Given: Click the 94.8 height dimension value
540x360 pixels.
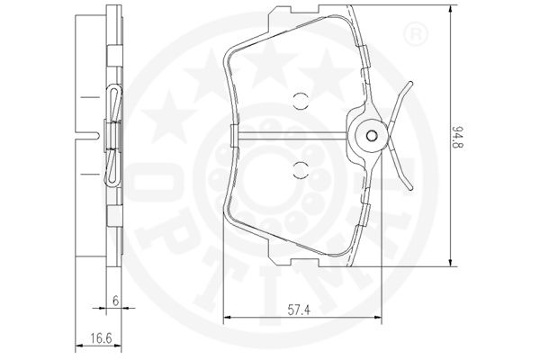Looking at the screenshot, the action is click(458, 137).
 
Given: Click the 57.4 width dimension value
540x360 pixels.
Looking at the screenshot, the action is click(299, 310).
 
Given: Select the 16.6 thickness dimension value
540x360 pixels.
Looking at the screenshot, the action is click(102, 338).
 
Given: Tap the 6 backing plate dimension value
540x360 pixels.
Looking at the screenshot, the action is click(116, 301).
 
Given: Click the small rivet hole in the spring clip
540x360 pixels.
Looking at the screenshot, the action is click(371, 136).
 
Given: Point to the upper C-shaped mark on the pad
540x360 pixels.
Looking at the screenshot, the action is click(300, 101).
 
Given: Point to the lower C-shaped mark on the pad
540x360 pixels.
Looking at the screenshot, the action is click(300, 170).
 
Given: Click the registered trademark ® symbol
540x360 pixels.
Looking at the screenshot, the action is click(415, 34).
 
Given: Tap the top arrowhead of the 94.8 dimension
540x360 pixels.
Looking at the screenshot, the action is click(450, 10).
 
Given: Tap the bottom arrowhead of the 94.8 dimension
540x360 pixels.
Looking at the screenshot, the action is click(450, 262).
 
